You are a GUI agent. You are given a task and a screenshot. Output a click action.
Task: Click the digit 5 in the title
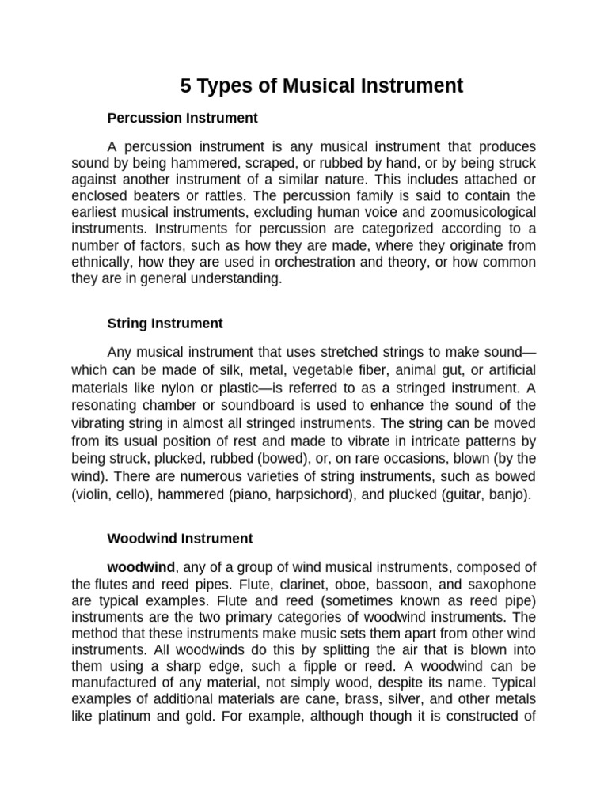point(186,86)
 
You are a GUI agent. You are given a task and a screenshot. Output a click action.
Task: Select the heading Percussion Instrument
point(182,119)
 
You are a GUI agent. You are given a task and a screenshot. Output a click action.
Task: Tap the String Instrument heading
point(165,324)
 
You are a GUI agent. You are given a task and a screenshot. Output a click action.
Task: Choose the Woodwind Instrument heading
point(180,539)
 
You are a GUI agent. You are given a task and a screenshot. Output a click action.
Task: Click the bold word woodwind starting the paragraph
point(141,567)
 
